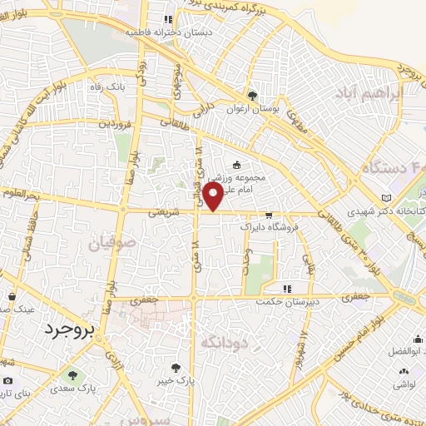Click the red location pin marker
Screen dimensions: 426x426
(x=213, y=197)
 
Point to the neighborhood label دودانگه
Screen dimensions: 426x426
(x=225, y=341)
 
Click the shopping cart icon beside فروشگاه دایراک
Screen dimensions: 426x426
(x=268, y=215)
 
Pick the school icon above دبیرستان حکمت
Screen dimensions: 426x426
(x=287, y=288)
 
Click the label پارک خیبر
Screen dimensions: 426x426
(x=176, y=379)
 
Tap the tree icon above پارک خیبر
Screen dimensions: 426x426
(x=176, y=367)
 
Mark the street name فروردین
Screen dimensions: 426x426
(x=116, y=122)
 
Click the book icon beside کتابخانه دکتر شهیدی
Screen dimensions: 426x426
(x=385, y=196)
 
